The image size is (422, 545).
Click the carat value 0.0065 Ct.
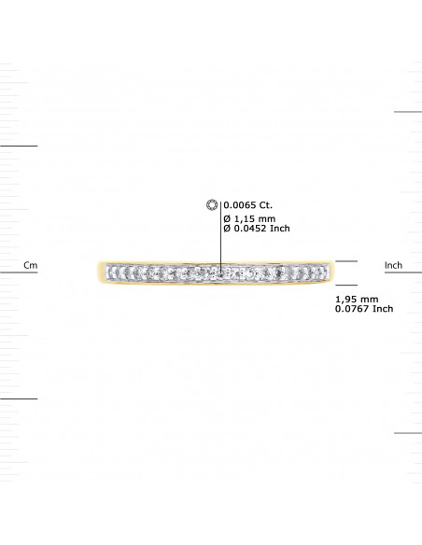[247, 204]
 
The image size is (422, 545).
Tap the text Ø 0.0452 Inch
[258, 230]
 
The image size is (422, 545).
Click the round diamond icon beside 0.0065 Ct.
[211, 204]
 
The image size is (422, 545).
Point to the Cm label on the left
[30, 266]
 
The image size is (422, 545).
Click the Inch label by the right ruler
[393, 266]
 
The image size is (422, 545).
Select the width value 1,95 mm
[355, 298]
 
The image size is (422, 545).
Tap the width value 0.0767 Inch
[363, 309]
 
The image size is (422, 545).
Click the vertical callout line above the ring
[220, 238]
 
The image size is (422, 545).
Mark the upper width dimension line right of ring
[346, 261]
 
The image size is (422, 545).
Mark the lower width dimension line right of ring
[346, 284]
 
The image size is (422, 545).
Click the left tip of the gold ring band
[98, 272]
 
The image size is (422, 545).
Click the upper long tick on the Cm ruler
[19, 146]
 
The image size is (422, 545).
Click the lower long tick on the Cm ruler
[19, 398]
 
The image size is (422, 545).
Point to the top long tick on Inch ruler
[407, 112]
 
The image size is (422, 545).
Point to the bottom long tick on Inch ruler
[407, 433]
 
